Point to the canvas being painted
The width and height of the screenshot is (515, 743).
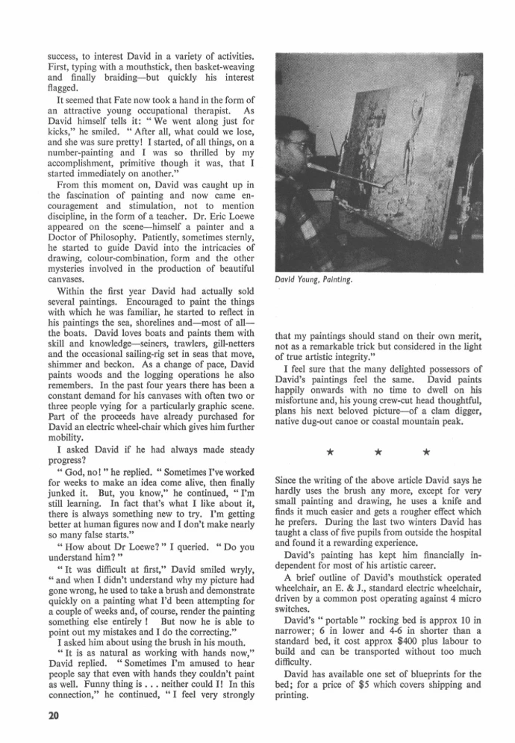tap(403, 134)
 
